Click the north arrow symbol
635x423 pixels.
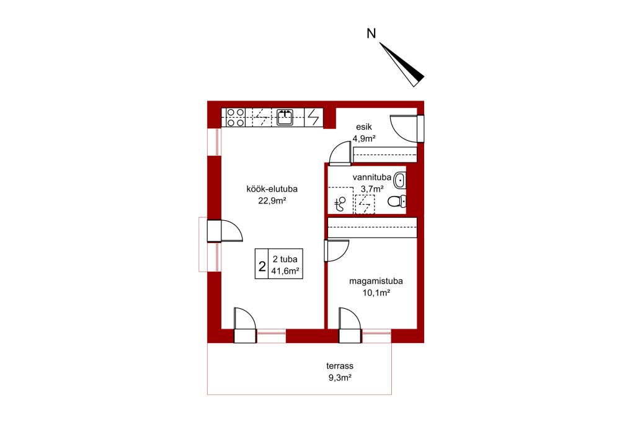click(x=402, y=65)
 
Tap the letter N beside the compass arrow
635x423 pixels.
click(x=371, y=33)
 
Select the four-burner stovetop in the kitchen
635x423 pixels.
click(x=235, y=117)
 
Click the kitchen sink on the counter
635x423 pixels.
click(x=285, y=117)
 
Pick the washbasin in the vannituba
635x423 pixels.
click(x=400, y=179)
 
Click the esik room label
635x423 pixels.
click(x=364, y=127)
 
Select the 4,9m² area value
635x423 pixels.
click(x=364, y=138)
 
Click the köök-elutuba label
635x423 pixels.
click(x=272, y=189)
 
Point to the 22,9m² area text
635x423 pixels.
click(x=272, y=200)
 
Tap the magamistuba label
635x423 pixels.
click(x=376, y=281)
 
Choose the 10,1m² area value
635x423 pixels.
click(x=376, y=293)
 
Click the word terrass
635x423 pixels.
click(x=340, y=366)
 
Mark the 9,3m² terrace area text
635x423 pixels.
click(x=340, y=378)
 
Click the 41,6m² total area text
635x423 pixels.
click(x=285, y=271)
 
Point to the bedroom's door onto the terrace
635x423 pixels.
click(x=350, y=325)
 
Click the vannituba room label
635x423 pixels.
click(x=372, y=177)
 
